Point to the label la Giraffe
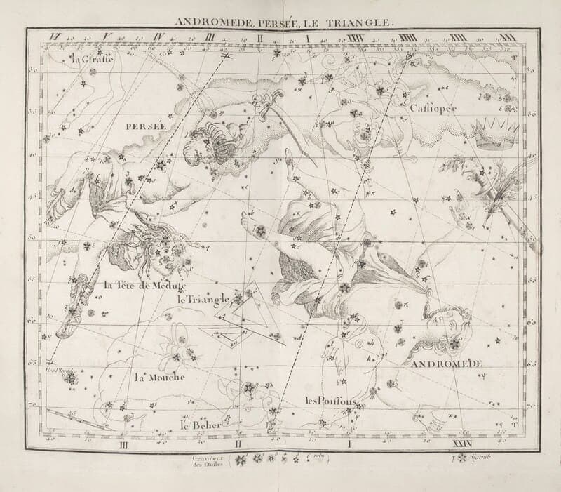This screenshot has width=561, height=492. pyautogui.click(x=93, y=59)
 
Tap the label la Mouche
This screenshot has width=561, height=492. pyautogui.click(x=159, y=377)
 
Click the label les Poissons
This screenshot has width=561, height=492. pyautogui.click(x=331, y=401)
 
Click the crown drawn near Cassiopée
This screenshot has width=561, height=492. pyautogui.click(x=494, y=133)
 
